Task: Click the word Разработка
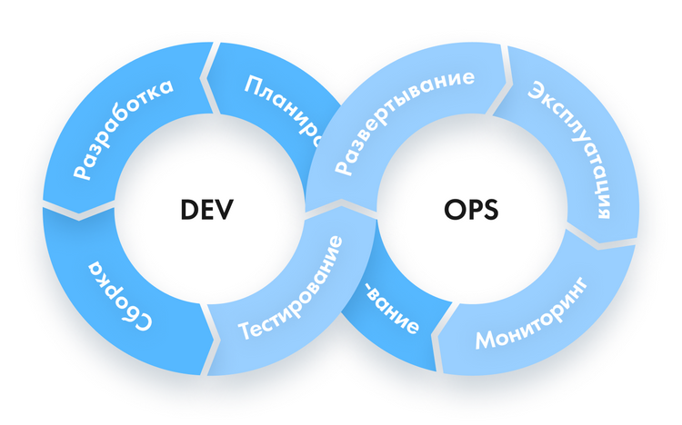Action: coord(123,129)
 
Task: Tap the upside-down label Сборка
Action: coord(121,295)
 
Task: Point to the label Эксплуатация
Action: coord(571,149)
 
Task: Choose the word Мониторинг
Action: coord(532,313)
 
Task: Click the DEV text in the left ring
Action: coord(207,210)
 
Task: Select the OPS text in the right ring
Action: coord(471,210)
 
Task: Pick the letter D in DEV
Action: coord(189,210)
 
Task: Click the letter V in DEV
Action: coord(225,210)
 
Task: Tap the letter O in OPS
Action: coord(454,210)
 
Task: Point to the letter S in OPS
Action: coord(491,210)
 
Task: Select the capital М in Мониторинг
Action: coord(486,339)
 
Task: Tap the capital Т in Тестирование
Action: coord(246,330)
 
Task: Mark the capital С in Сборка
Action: coord(143,321)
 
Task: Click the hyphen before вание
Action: coord(369,291)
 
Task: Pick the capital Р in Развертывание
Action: coord(343,166)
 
